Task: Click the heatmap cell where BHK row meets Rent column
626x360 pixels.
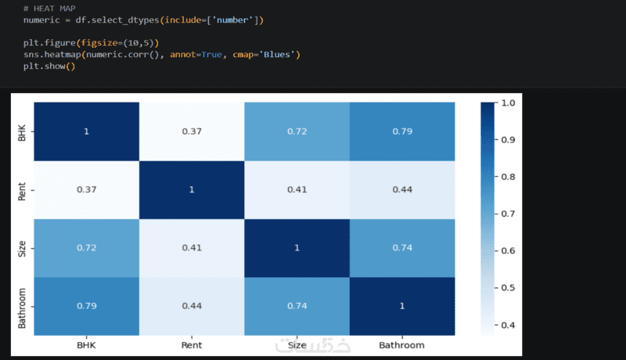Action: tap(192, 131)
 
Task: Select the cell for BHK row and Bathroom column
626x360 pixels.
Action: tap(402, 131)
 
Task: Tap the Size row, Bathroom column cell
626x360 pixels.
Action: tap(402, 248)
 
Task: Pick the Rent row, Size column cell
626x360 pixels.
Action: tap(297, 190)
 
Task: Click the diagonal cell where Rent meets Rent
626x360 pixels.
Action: tap(192, 190)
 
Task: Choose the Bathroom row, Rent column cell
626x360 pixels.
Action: tap(192, 306)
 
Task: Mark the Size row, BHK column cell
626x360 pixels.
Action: tap(87, 248)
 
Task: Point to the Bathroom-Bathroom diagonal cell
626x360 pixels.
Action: tap(402, 306)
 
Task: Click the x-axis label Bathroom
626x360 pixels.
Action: tap(401, 345)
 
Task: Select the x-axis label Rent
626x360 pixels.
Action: tap(192, 345)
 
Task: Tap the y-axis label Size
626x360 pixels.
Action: tap(22, 249)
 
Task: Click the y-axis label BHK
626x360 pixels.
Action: tap(22, 133)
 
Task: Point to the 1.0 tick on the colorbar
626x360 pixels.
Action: tap(508, 103)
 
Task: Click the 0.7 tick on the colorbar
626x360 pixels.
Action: tap(508, 214)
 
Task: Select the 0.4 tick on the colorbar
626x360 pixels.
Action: tap(508, 325)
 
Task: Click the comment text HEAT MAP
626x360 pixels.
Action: tap(54, 9)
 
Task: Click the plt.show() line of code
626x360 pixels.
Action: tap(49, 67)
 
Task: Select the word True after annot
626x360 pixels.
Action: tap(211, 54)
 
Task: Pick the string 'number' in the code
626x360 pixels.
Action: tap(232, 20)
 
